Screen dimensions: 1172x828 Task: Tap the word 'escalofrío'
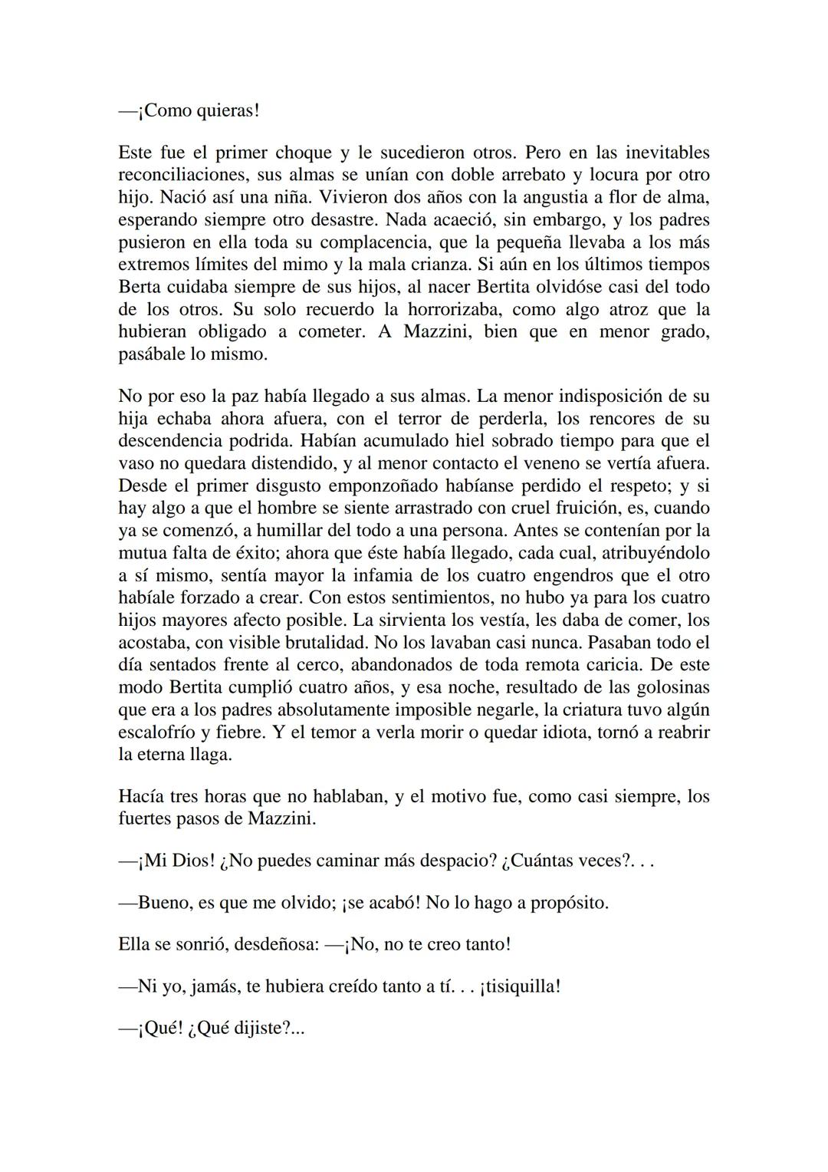[157, 732]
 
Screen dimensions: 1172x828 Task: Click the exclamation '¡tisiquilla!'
[520, 986]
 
